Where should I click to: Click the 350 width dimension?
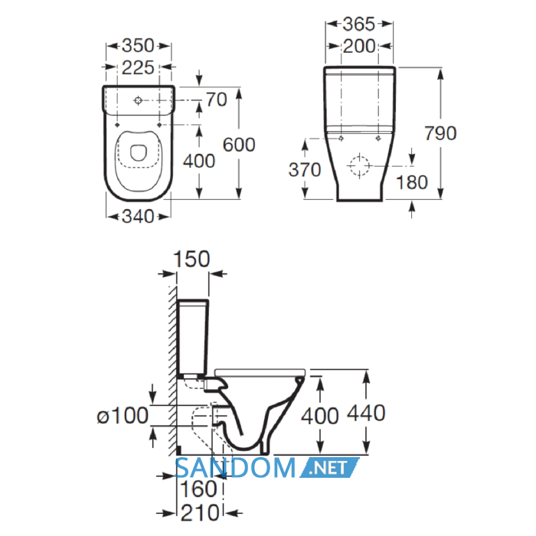(138, 45)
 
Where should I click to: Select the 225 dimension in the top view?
(138, 67)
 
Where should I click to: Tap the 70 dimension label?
(217, 100)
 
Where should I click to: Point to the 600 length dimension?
(239, 145)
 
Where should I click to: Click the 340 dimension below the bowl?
(138, 216)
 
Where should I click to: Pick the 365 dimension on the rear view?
(359, 24)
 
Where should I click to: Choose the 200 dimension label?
(359, 46)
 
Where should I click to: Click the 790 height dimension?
(440, 133)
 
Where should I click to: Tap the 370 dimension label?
(305, 169)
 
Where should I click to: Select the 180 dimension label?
(412, 182)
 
